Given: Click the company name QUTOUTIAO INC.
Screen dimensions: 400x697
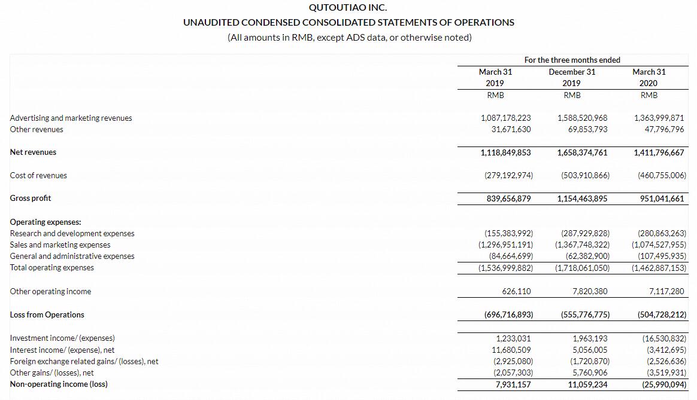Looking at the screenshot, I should point(348,8).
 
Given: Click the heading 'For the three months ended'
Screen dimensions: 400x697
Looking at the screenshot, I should point(572,60).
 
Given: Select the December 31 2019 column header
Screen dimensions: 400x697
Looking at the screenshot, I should point(572,77).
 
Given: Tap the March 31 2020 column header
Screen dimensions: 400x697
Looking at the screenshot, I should point(648,77).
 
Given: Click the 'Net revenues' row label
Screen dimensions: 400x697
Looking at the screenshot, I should point(33,152).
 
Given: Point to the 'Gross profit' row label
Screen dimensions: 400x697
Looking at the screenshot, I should point(31,198).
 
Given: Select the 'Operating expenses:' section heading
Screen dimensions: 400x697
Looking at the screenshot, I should point(46,222).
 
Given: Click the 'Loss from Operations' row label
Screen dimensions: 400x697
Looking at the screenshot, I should point(47,314).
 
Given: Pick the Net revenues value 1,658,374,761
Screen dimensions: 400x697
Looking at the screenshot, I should point(582,152).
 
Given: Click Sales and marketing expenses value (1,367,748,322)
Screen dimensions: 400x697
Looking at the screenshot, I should point(582,245).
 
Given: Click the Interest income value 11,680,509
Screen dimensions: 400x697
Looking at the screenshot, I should point(511,350).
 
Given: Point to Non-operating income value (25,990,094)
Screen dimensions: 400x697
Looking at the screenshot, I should point(662,384).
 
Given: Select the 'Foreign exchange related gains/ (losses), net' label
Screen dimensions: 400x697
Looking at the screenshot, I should point(84,361).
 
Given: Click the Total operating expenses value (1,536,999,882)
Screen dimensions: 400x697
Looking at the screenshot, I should point(505,268).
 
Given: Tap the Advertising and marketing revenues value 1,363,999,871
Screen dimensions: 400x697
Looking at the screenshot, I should point(659,118).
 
